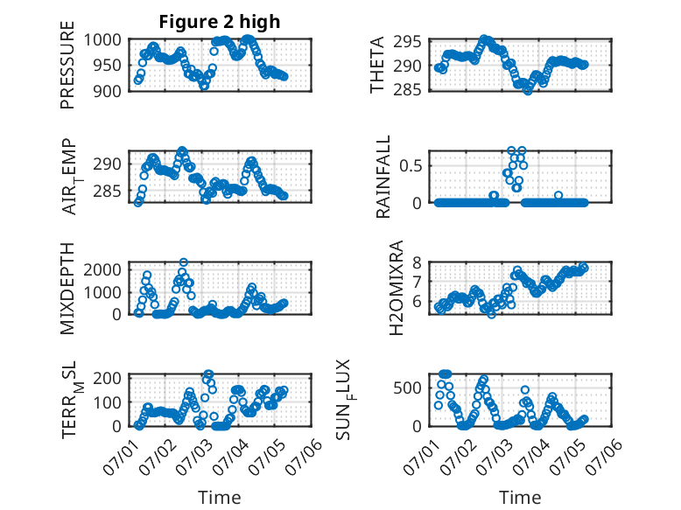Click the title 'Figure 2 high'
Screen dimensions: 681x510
click(x=220, y=22)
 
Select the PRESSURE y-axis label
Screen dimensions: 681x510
click(x=67, y=65)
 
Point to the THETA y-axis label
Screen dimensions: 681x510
click(x=377, y=65)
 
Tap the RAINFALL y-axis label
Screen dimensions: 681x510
click(x=383, y=177)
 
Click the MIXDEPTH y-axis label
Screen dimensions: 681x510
click(x=67, y=289)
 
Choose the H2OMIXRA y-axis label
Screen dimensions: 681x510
click(x=397, y=288)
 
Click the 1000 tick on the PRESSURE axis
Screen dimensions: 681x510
click(x=102, y=40)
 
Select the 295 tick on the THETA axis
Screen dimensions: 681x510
click(x=408, y=42)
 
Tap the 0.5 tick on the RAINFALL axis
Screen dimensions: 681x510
click(x=411, y=166)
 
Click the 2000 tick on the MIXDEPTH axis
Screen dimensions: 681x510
click(x=102, y=270)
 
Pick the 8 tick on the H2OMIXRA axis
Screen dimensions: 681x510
click(x=417, y=262)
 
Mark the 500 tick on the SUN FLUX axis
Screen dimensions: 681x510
click(x=408, y=388)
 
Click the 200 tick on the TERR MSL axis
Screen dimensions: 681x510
click(x=108, y=378)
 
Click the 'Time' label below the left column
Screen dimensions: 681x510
click(x=220, y=497)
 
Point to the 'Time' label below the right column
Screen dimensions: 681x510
click(x=520, y=497)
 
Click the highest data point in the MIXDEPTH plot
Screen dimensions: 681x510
click(x=184, y=262)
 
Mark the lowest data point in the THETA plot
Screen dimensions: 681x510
click(x=528, y=91)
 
